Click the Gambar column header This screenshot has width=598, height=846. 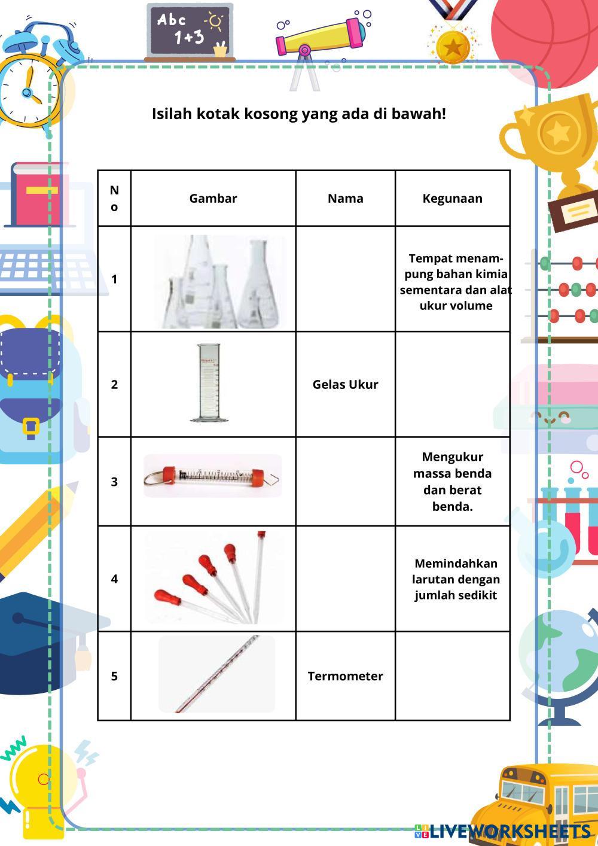(213, 199)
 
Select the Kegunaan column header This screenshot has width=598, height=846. (452, 199)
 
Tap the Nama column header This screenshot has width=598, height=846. (345, 199)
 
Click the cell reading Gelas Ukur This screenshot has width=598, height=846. (345, 384)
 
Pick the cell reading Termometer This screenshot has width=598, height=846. (345, 676)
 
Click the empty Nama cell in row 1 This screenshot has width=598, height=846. (345, 279)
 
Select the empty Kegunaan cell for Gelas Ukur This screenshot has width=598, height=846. (452, 384)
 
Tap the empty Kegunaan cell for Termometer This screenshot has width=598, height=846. (452, 676)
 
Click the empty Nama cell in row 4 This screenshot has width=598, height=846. (345, 579)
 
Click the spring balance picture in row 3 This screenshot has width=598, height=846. (212, 477)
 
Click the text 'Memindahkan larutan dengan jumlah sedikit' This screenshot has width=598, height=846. (455, 579)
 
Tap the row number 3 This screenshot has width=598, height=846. (114, 482)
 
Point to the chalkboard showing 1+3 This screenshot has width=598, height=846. (189, 30)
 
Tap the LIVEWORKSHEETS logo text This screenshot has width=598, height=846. (509, 832)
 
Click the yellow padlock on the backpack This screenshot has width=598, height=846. (31, 428)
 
